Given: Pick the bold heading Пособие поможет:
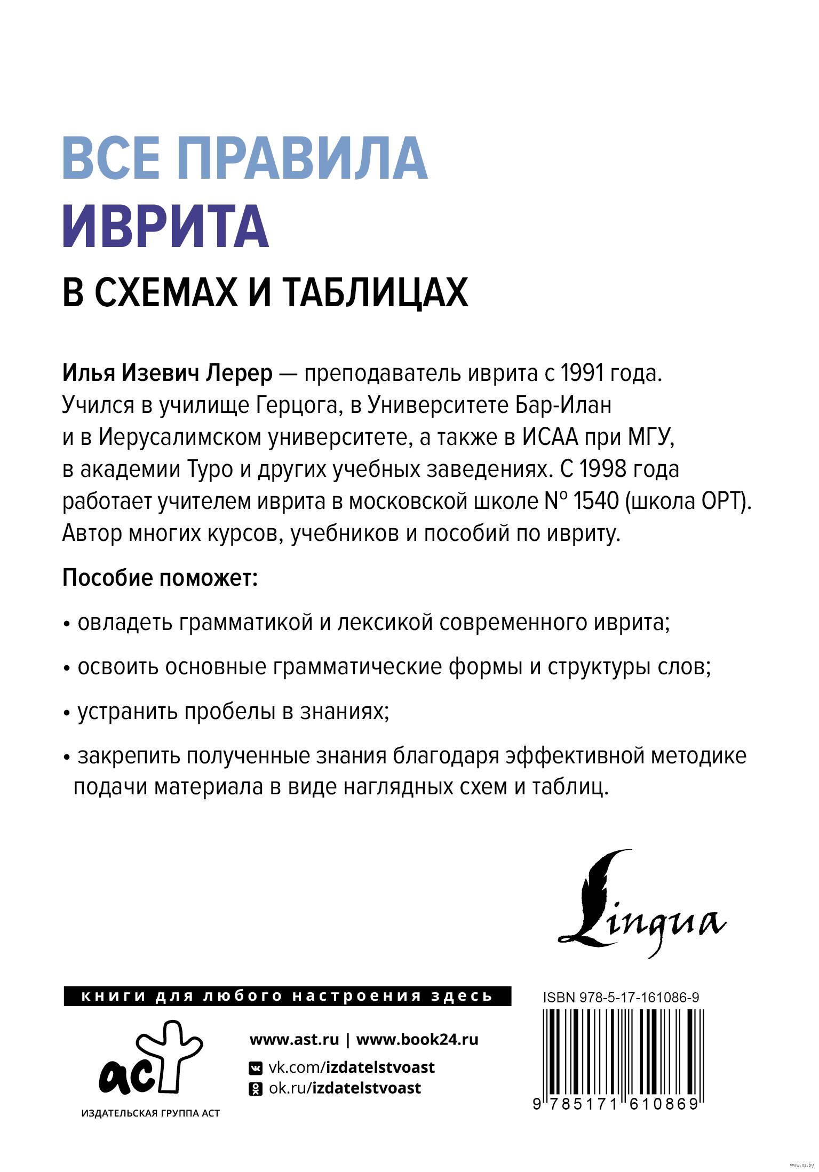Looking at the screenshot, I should point(160,578).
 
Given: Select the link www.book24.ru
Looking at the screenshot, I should point(417,1040).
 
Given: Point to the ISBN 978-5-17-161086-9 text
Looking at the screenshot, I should point(621,998).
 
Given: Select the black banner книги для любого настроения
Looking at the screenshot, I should point(287,996).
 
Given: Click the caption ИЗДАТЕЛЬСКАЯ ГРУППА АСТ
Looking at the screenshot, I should point(150,1113).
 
